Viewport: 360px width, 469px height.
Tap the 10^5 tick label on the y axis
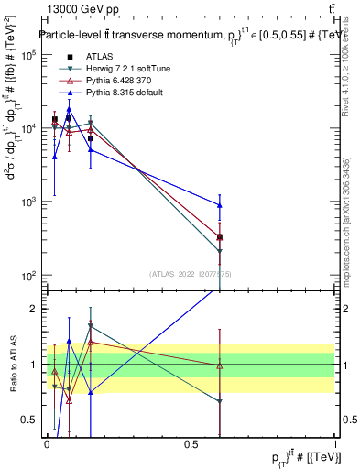coord(27,55)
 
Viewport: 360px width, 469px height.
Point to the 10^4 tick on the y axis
coord(27,128)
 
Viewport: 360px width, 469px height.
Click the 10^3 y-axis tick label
coord(27,202)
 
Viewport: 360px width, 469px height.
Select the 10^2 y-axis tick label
coord(27,275)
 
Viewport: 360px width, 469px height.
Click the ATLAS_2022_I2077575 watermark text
coord(190,274)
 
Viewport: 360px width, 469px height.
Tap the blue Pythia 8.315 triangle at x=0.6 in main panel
coord(220,204)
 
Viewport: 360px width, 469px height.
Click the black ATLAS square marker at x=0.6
coord(220,237)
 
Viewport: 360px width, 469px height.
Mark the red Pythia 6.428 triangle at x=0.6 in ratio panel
coord(220,365)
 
